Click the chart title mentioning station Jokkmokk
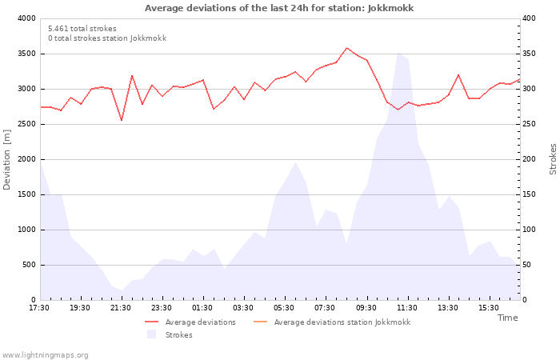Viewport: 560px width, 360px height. coord(279,8)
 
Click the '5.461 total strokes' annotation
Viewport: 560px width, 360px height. coord(82,28)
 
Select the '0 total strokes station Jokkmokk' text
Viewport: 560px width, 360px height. coord(106,38)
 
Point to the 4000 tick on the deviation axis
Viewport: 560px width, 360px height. coord(26,18)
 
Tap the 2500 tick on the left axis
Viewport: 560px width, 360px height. coord(26,124)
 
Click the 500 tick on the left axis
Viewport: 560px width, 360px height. coord(28,265)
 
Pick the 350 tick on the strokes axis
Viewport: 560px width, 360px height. coord(530,54)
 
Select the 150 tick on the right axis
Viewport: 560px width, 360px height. coord(530,194)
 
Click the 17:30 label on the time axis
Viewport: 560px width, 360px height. coord(39,308)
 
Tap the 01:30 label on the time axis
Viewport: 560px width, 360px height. coord(202,308)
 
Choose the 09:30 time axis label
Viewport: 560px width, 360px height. coord(366,308)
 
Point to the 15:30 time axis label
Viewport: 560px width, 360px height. coord(489,308)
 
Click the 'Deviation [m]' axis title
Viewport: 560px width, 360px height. coord(7,159)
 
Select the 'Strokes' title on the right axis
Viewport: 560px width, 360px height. coord(553,159)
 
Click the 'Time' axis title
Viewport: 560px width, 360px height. coord(507,318)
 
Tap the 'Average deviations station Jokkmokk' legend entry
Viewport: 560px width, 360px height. coord(342,322)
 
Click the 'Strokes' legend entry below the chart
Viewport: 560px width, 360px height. coord(178,335)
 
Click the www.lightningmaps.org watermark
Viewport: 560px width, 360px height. coord(46,355)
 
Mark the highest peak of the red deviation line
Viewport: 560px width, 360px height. coord(346,48)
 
